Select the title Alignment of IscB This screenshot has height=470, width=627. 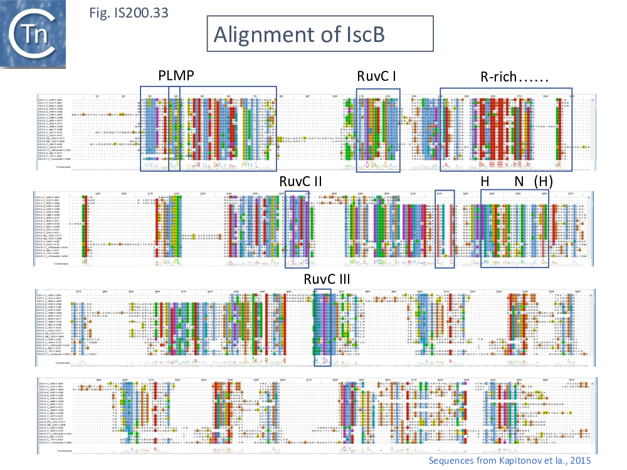point(320,34)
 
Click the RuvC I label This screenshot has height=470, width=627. point(376,77)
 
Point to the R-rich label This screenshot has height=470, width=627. point(514,77)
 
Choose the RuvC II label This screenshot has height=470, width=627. point(300,181)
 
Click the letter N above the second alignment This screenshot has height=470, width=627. point(519,181)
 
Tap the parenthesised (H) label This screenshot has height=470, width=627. point(543,181)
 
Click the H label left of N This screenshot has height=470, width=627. point(485,181)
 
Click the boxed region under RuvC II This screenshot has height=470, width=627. point(297,229)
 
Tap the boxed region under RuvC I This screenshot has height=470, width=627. point(378,130)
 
